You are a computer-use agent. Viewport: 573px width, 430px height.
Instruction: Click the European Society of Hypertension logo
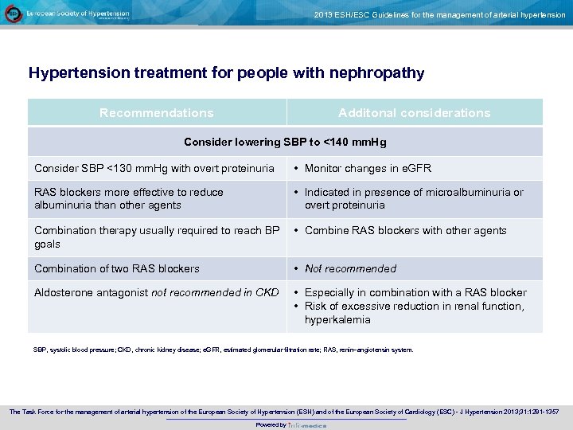pos(14,14)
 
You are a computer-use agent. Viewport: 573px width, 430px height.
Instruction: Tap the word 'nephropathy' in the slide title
pos(374,73)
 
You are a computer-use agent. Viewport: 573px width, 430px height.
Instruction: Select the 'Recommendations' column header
pos(157,113)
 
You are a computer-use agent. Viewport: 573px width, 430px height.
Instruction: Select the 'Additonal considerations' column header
pos(414,113)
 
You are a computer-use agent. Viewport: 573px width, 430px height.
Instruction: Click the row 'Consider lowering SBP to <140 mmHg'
pos(285,142)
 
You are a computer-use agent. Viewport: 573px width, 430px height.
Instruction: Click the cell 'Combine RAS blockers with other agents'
pos(405,230)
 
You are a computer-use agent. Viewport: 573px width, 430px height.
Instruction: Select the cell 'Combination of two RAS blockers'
pos(117,268)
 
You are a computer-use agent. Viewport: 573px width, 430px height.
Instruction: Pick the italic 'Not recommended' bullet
pos(350,268)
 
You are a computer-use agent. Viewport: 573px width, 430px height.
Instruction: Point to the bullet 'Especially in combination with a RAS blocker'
pos(415,292)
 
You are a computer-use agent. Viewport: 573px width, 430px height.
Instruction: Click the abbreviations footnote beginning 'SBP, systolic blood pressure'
pos(223,350)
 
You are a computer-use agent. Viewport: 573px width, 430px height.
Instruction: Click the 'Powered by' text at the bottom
pos(271,424)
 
